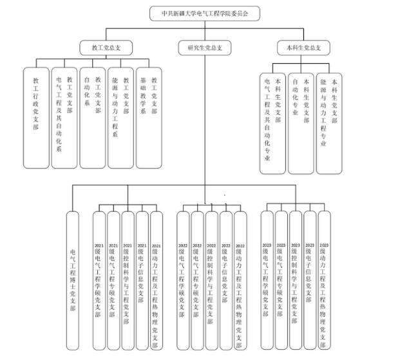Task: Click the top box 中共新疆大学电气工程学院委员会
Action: tap(205, 12)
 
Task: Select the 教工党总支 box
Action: tap(106, 47)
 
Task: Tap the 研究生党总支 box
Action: tap(205, 47)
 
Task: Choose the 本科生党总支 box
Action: tap(302, 47)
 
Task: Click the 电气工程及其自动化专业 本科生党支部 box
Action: tap(272, 122)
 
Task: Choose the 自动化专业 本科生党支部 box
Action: tap(301, 122)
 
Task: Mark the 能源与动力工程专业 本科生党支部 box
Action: tap(329, 122)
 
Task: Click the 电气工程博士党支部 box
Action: tap(72, 280)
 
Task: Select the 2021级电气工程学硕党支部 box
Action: tap(99, 280)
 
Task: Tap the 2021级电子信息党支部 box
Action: tap(142, 280)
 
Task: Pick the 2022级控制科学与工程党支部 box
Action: tap(211, 280)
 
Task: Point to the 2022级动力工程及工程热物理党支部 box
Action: tap(240, 280)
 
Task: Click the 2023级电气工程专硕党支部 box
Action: tap(281, 280)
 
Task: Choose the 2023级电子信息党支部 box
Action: tap(310, 280)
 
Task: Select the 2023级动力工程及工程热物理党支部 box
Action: tap(324, 280)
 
